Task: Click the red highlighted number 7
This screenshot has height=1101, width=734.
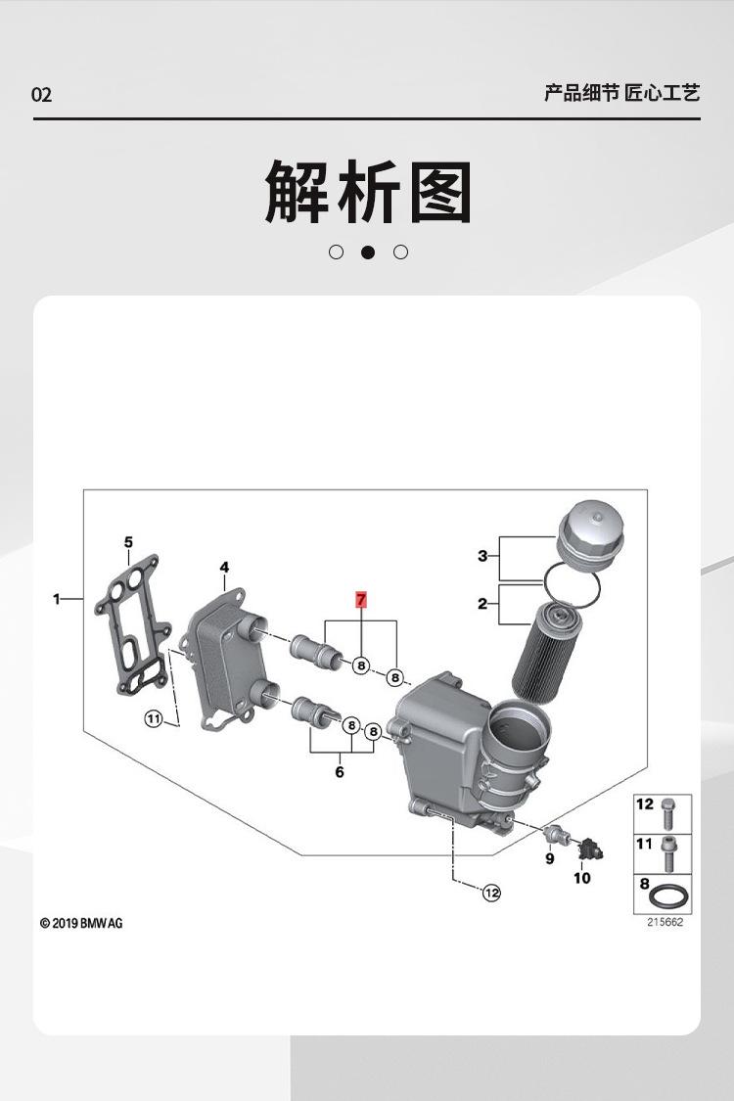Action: coord(361,599)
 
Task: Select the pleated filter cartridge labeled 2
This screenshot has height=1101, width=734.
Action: coord(543,654)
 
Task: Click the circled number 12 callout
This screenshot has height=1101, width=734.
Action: coord(491,893)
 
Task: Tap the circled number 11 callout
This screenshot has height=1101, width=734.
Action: coord(153,719)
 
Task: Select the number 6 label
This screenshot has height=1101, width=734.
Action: coord(340,772)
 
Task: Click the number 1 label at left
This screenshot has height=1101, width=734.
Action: coord(57,598)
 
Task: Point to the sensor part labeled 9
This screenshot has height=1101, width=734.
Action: coord(557,835)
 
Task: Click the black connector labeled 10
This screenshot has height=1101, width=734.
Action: coord(587,849)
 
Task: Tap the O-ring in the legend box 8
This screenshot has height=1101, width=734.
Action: coord(669,895)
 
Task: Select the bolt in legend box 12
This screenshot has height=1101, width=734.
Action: coord(670,811)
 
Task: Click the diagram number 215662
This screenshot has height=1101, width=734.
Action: coord(665,923)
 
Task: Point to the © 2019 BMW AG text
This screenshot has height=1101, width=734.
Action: coord(81,923)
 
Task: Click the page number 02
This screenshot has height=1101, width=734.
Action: coord(42,95)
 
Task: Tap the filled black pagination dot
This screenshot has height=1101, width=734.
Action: coord(368,252)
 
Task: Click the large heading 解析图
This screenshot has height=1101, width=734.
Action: coord(368,192)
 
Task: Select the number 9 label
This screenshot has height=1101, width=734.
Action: coord(550,859)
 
